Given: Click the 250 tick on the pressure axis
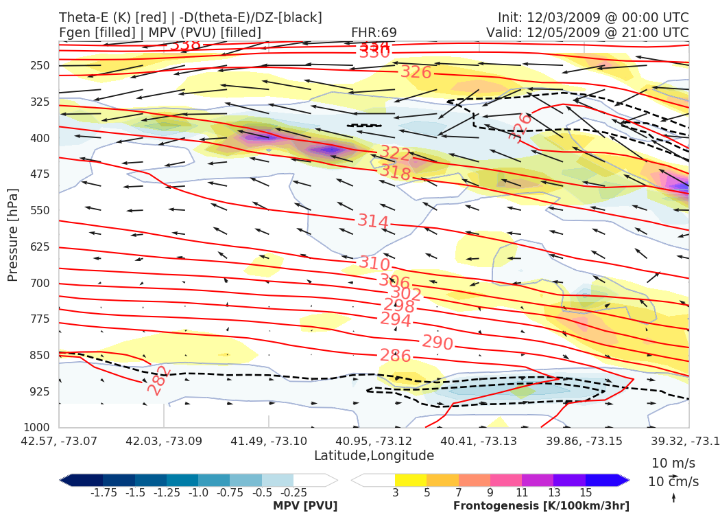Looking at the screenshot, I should click(40, 65).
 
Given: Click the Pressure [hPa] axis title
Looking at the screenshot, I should click(13, 236).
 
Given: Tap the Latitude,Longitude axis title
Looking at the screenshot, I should click(374, 456).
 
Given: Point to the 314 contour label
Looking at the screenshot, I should click(373, 222).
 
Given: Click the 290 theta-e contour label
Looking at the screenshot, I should click(437, 343).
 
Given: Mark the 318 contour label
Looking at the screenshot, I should click(395, 173).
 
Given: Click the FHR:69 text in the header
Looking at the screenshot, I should click(374, 33).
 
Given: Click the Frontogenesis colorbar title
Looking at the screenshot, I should click(541, 506).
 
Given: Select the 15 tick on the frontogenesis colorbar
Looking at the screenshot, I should click(585, 492).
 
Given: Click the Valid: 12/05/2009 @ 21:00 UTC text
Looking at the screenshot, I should click(587, 33).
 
